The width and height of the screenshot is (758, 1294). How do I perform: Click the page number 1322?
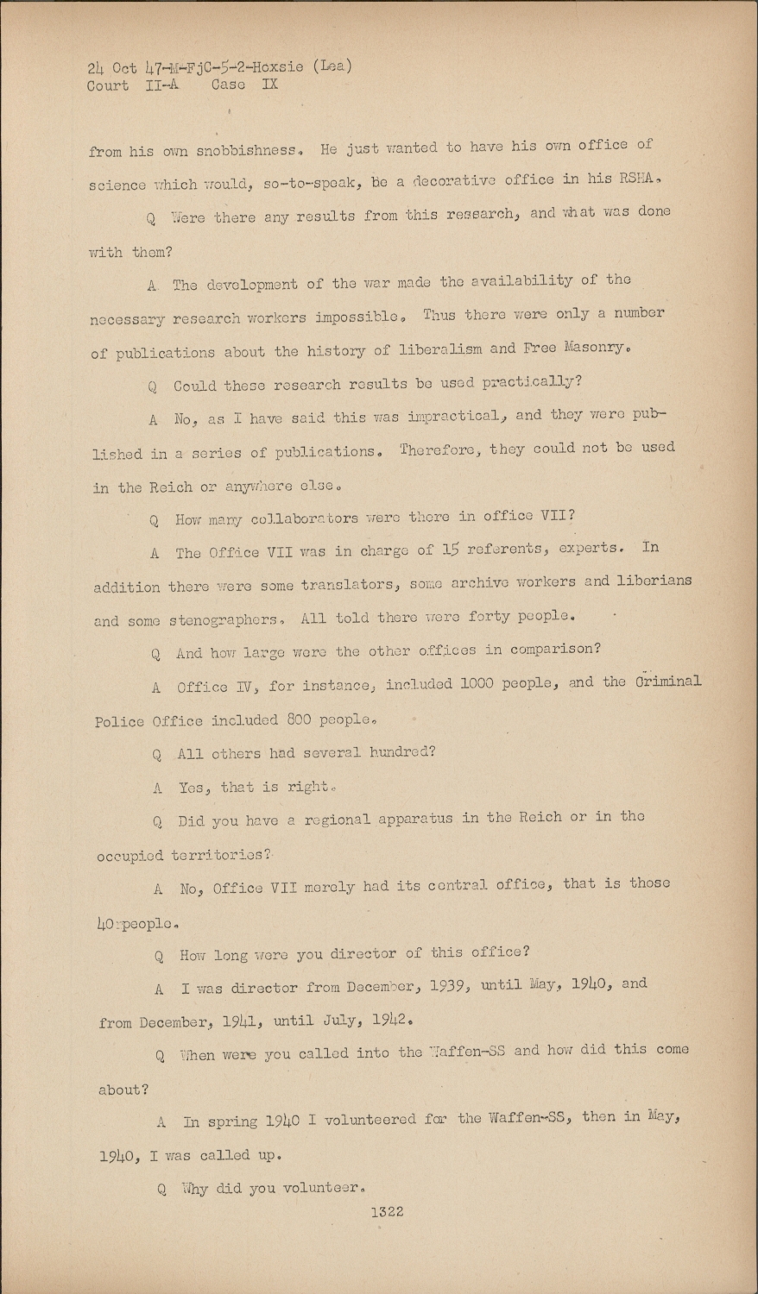387,1212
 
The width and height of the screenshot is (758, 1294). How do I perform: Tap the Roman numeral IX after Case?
269,85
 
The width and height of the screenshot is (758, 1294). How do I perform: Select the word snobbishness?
252,151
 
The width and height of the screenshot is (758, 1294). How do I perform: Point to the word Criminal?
665,682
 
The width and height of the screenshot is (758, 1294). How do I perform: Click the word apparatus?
415,818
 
